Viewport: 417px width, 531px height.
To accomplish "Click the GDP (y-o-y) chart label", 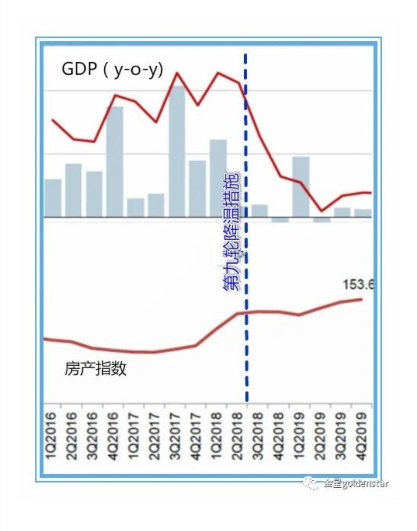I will [x=112, y=70].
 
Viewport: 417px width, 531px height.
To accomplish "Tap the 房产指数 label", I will [x=95, y=369].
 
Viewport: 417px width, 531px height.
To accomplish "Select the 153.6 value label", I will [x=358, y=285].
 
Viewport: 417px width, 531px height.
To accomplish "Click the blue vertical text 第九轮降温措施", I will [x=231, y=232].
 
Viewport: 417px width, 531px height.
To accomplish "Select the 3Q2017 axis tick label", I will [x=175, y=436].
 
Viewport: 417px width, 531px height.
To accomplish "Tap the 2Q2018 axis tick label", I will [x=237, y=436].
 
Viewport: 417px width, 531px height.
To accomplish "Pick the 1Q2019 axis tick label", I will [x=300, y=436].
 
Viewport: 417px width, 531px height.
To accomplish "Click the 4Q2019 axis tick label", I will [x=362, y=436].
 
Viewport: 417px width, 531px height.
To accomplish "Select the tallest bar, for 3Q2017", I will [x=177, y=151].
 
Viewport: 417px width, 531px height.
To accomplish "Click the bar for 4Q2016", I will [x=115, y=161].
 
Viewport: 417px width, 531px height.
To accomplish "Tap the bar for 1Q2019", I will [x=301, y=187].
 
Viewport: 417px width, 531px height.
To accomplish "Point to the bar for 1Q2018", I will [x=218, y=178].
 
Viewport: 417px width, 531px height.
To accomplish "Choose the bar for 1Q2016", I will [x=53, y=198].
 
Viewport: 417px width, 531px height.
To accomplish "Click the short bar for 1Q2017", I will [x=136, y=207].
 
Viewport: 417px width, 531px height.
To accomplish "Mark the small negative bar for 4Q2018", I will [x=280, y=220].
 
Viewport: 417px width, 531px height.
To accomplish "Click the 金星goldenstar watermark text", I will [x=356, y=483].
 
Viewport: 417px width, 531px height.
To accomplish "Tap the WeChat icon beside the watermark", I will [x=311, y=483].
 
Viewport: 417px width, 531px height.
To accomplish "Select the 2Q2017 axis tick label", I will [x=154, y=436].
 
